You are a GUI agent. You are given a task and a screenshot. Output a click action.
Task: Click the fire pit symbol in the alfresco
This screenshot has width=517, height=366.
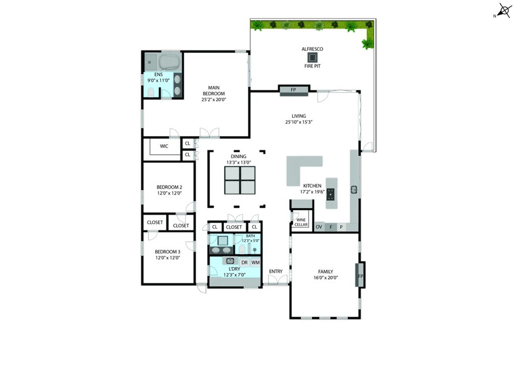click(312, 58)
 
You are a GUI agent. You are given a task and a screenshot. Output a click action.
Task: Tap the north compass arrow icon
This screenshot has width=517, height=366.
click(503, 11)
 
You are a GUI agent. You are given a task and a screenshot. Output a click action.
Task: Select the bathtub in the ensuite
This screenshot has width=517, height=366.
click(170, 61)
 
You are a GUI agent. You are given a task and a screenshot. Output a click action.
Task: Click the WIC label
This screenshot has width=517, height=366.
click(164, 146)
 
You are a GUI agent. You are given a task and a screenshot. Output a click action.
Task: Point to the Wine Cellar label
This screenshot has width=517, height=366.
click(301, 222)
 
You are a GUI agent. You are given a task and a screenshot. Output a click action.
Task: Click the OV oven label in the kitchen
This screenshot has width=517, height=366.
click(319, 227)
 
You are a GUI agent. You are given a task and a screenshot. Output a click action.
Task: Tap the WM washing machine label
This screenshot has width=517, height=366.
click(255, 263)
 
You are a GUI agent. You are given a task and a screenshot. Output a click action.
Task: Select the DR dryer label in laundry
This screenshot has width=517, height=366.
click(244, 263)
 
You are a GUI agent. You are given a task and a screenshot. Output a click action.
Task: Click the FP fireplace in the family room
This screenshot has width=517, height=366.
click(360, 275)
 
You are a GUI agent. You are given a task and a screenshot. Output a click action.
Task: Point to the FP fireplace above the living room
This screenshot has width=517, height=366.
click(293, 90)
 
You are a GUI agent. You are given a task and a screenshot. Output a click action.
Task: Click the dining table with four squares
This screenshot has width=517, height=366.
click(240, 180)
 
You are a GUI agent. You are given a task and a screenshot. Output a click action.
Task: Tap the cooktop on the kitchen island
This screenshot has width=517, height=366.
click(330, 195)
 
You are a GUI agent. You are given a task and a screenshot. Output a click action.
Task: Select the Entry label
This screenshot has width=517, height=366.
click(276, 271)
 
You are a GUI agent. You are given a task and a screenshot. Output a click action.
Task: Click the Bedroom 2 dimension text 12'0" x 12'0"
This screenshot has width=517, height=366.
click(169, 193)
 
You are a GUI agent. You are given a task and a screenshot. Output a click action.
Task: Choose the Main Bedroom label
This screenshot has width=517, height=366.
click(214, 90)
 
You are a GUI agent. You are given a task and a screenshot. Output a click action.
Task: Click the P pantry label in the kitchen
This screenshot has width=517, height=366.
click(341, 227)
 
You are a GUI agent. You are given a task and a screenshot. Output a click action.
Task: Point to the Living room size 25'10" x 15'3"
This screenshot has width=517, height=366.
click(299, 122)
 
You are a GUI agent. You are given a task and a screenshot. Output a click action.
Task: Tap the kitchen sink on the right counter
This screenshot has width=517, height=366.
click(354, 190)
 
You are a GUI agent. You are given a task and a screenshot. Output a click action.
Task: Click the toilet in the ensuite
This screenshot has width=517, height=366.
click(150, 92)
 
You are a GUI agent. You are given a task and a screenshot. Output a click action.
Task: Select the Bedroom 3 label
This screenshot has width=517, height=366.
click(168, 252)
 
